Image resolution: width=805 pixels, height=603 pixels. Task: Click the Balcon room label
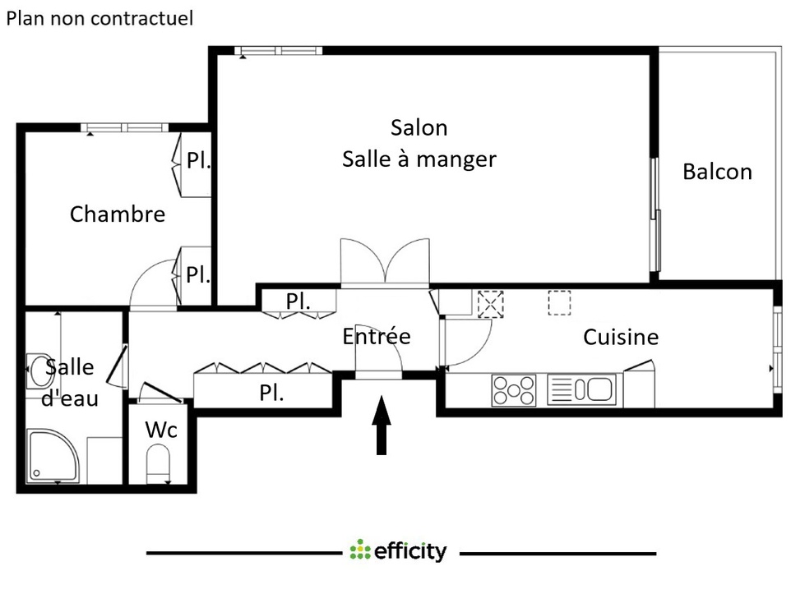[717, 172]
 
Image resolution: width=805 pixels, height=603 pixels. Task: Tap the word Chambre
[117, 214]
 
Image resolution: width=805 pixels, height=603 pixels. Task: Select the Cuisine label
[621, 337]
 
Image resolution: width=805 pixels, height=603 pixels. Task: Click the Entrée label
[376, 336]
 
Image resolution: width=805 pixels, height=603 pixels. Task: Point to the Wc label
[160, 430]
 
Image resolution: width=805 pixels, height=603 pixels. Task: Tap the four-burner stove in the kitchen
[513, 389]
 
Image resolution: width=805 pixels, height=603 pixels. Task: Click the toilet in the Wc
[157, 465]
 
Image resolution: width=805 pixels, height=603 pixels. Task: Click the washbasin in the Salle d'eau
[37, 371]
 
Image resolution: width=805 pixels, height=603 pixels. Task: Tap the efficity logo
[398, 551]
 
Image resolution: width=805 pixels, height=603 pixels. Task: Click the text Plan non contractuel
[99, 19]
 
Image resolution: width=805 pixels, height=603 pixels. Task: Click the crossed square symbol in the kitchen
[490, 304]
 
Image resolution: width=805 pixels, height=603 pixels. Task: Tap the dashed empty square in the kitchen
[559, 303]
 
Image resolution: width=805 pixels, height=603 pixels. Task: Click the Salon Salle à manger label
[419, 143]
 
